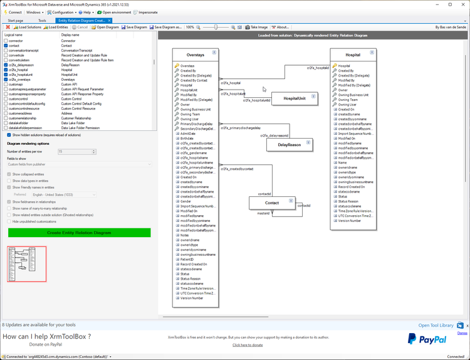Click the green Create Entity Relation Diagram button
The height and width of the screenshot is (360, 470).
click(79, 233)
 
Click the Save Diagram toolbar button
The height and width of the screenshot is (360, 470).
click(135, 27)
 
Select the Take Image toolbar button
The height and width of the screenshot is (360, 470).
click(257, 27)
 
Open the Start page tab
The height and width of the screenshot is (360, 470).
click(16, 20)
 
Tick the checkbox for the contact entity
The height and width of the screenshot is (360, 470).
click(6, 46)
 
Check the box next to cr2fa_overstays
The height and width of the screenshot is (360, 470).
click(6, 80)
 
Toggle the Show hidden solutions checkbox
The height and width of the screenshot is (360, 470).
click(9, 134)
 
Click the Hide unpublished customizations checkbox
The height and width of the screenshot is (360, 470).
click(9, 221)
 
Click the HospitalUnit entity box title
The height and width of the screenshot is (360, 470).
click(294, 98)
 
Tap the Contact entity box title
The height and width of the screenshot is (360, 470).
click(272, 203)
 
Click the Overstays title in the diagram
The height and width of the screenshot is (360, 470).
click(196, 55)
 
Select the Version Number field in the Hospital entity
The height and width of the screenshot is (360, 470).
click(349, 221)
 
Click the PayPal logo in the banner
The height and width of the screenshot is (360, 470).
click(427, 339)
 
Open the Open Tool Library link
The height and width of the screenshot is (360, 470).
click(436, 326)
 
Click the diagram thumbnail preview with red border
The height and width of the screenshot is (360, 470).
click(26, 263)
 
